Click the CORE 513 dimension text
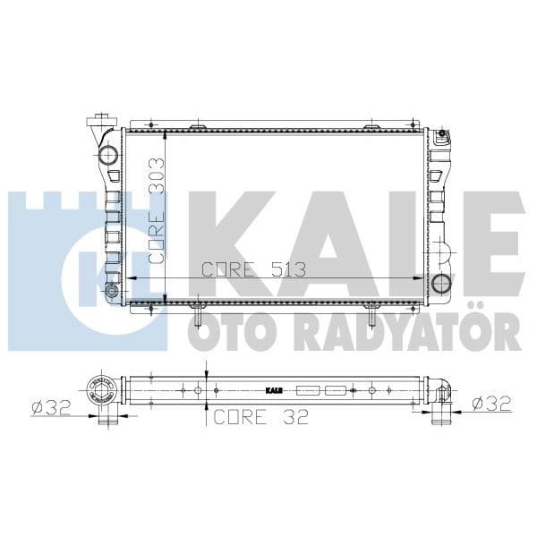click(253, 268)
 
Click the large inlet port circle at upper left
click(108, 155)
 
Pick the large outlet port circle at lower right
click(440, 285)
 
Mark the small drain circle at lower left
click(112, 292)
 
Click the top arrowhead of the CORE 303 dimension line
click(166, 135)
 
